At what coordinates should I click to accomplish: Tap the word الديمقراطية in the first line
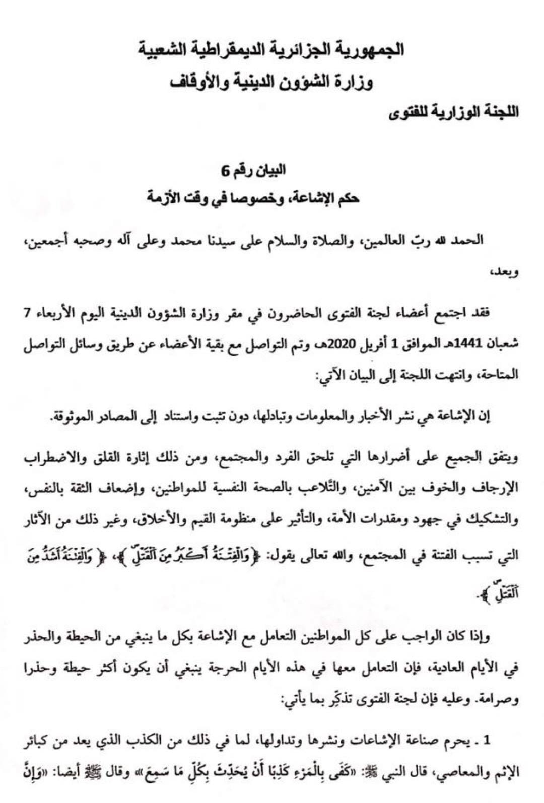click(235, 50)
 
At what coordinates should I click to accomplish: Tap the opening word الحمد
click(468, 240)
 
